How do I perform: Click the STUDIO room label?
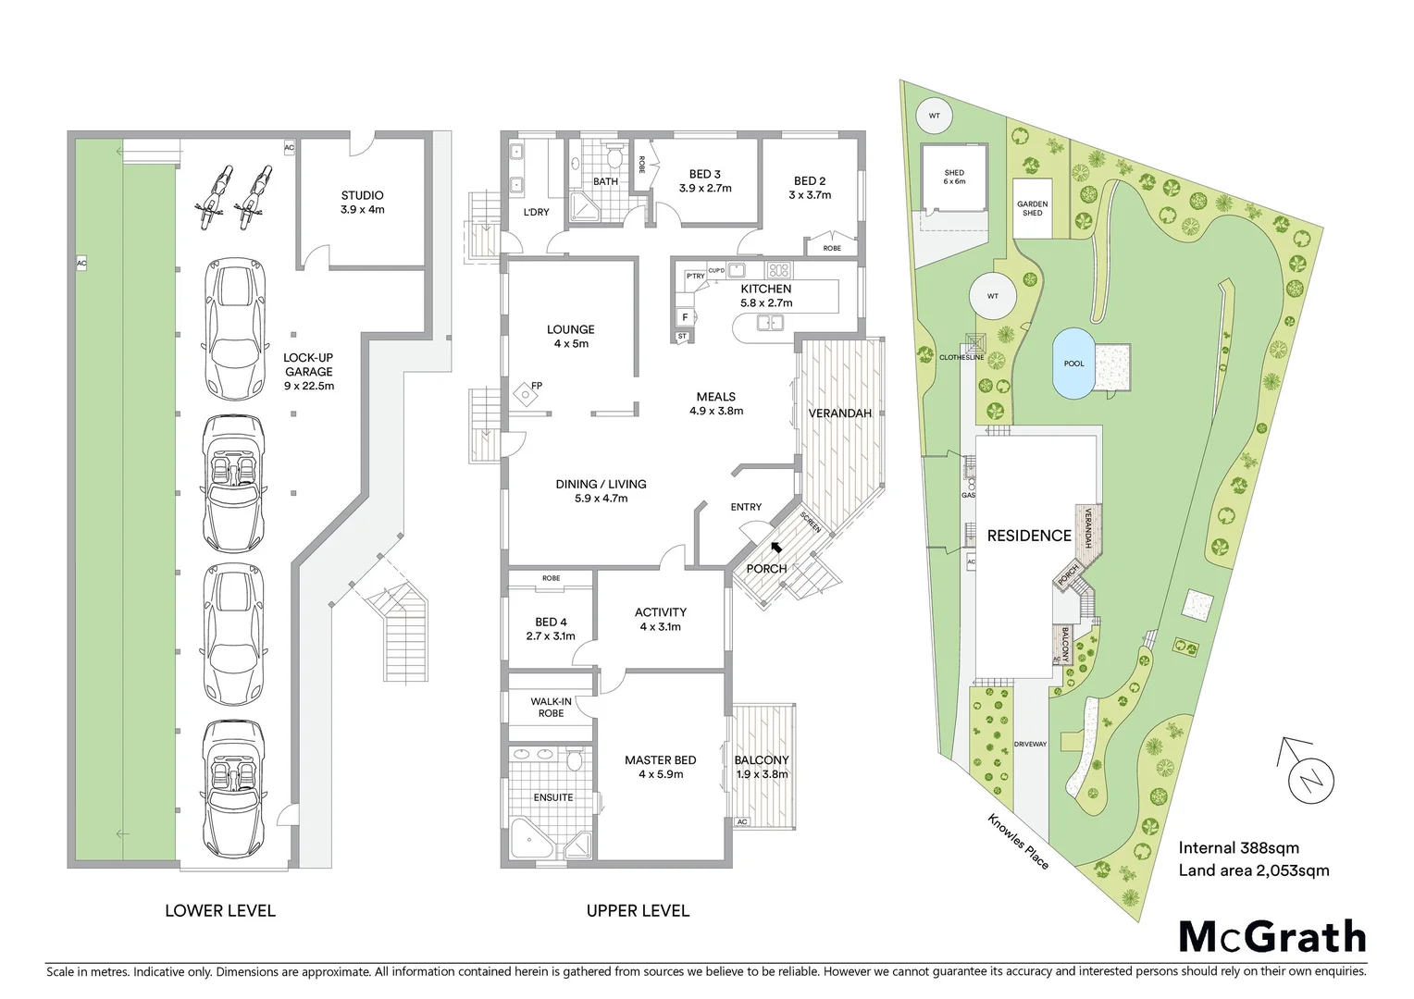tap(362, 202)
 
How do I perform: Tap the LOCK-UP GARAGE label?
tap(308, 371)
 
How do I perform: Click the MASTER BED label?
tap(660, 767)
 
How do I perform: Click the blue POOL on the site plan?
tap(1073, 364)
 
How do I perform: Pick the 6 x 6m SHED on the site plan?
tap(954, 178)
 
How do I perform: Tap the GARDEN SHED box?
tap(1033, 209)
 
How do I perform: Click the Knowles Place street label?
tap(1018, 841)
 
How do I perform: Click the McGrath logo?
tap(1272, 937)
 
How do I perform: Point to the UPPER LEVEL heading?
tap(638, 911)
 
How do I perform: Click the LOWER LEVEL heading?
tap(220, 911)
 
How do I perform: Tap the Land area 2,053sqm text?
tap(1253, 870)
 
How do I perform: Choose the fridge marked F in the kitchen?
tap(685, 316)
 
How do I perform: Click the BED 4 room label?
tap(551, 629)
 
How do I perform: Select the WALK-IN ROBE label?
tap(551, 708)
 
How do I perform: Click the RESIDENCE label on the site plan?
tap(1029, 536)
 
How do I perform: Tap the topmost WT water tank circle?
tap(934, 116)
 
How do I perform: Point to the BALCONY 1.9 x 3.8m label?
tap(762, 767)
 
